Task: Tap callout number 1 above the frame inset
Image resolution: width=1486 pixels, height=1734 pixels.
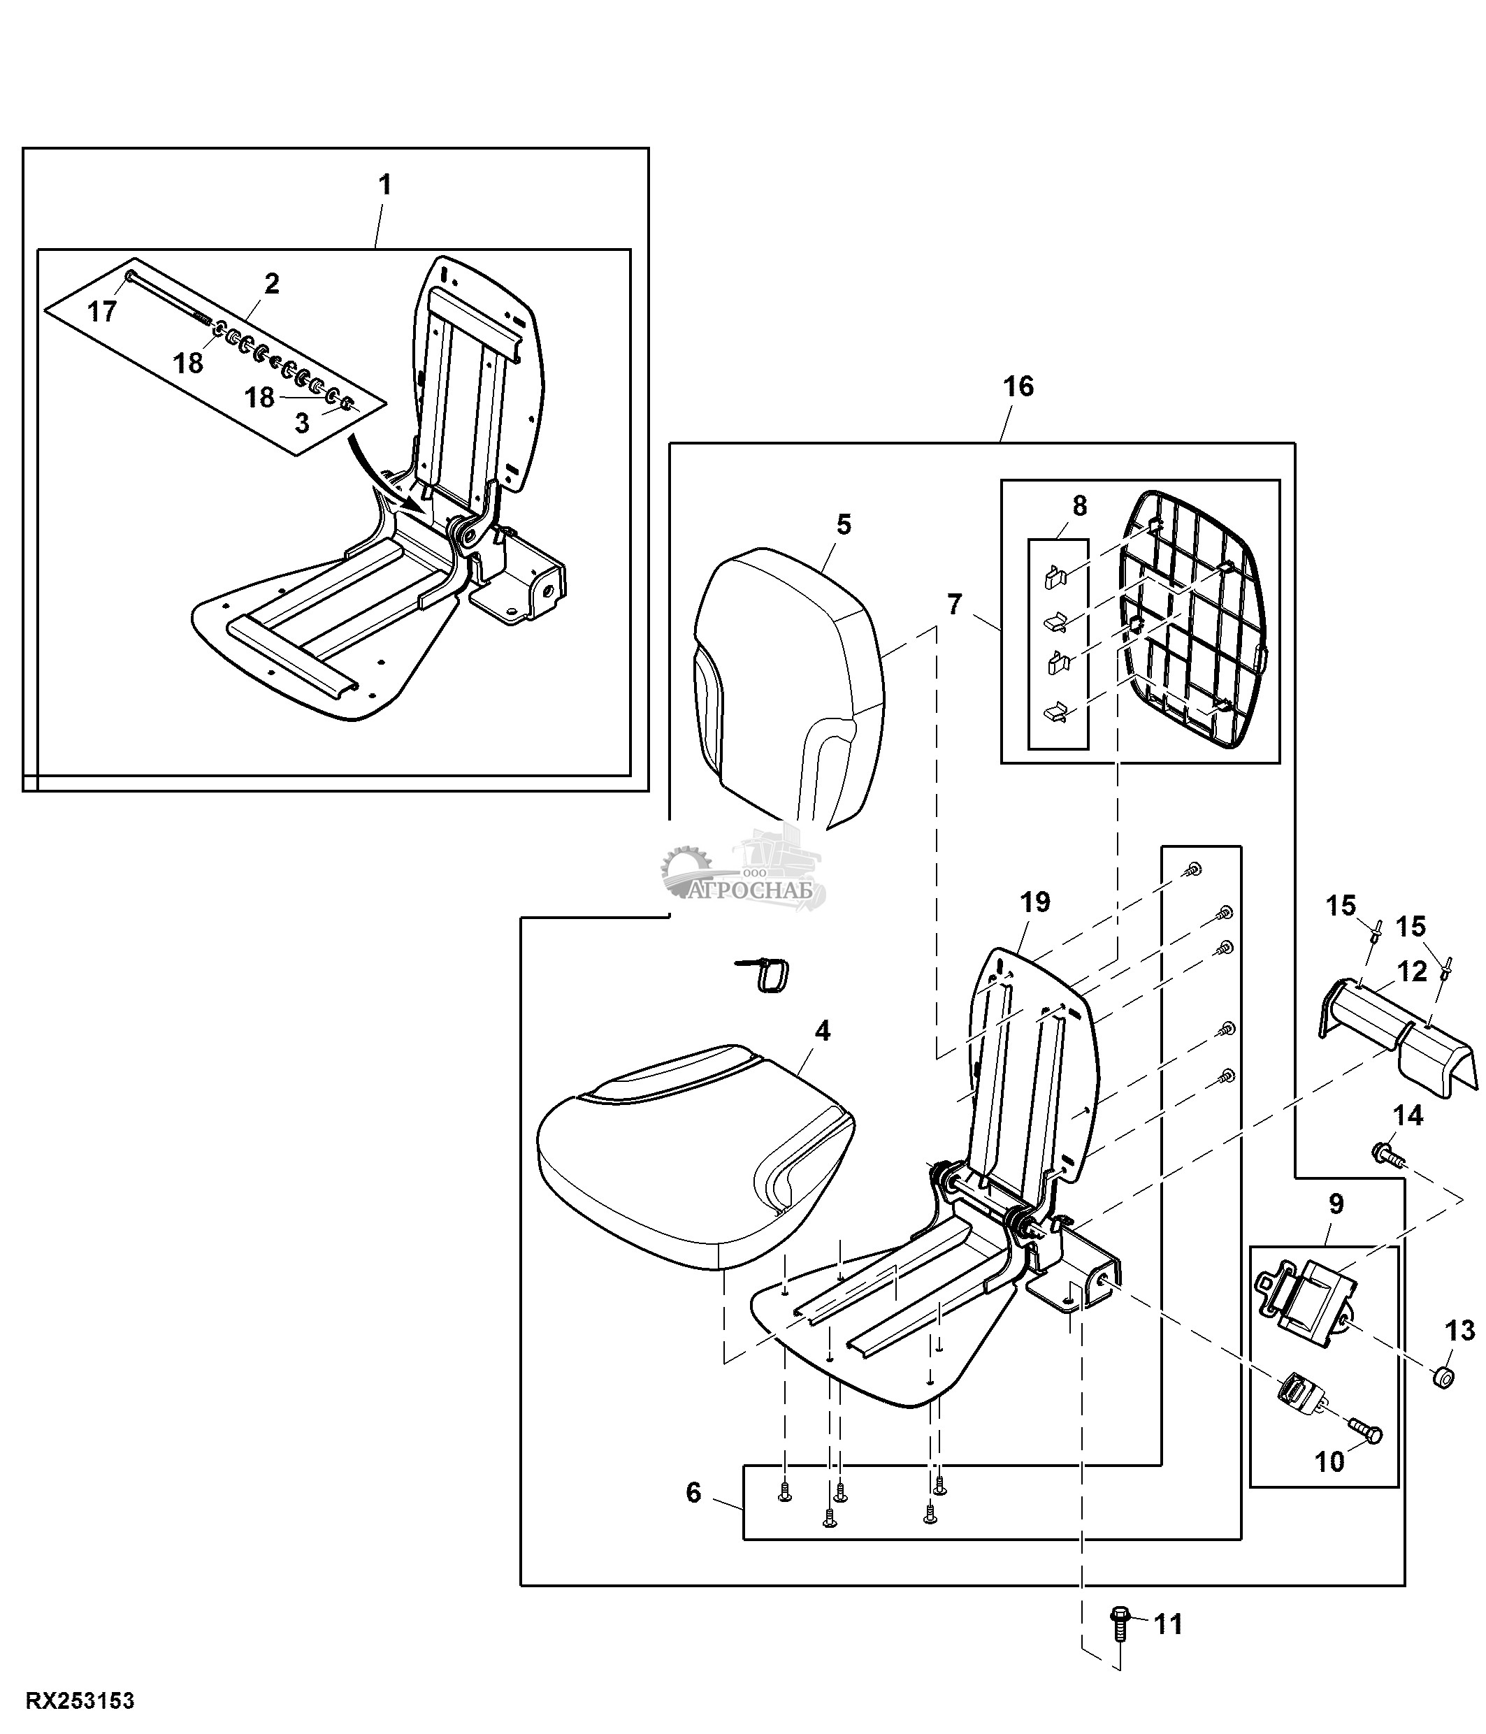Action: pos(385,185)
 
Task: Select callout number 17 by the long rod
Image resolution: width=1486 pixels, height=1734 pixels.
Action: pos(102,312)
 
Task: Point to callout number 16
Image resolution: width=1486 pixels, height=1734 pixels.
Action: pos(1018,386)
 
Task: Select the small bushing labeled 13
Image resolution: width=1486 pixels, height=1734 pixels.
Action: pos(1443,1376)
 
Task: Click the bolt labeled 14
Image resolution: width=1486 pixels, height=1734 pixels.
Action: pos(1387,1155)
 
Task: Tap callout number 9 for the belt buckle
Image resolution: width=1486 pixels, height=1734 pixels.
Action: pos(1336,1204)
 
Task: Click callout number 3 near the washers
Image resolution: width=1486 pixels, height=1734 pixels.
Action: pos(302,424)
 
